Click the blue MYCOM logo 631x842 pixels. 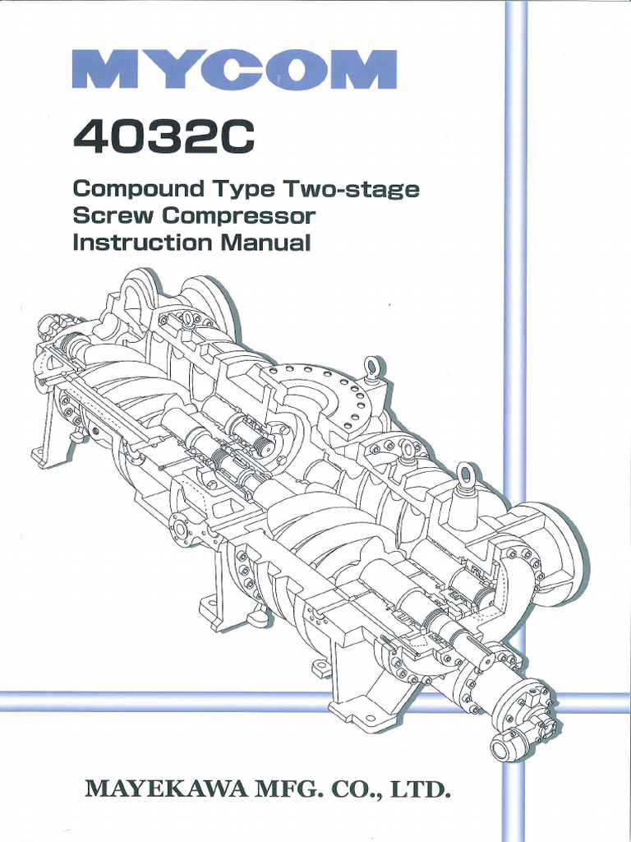234,69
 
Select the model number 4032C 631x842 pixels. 164,141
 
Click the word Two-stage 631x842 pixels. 352,189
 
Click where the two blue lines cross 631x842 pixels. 514,701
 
